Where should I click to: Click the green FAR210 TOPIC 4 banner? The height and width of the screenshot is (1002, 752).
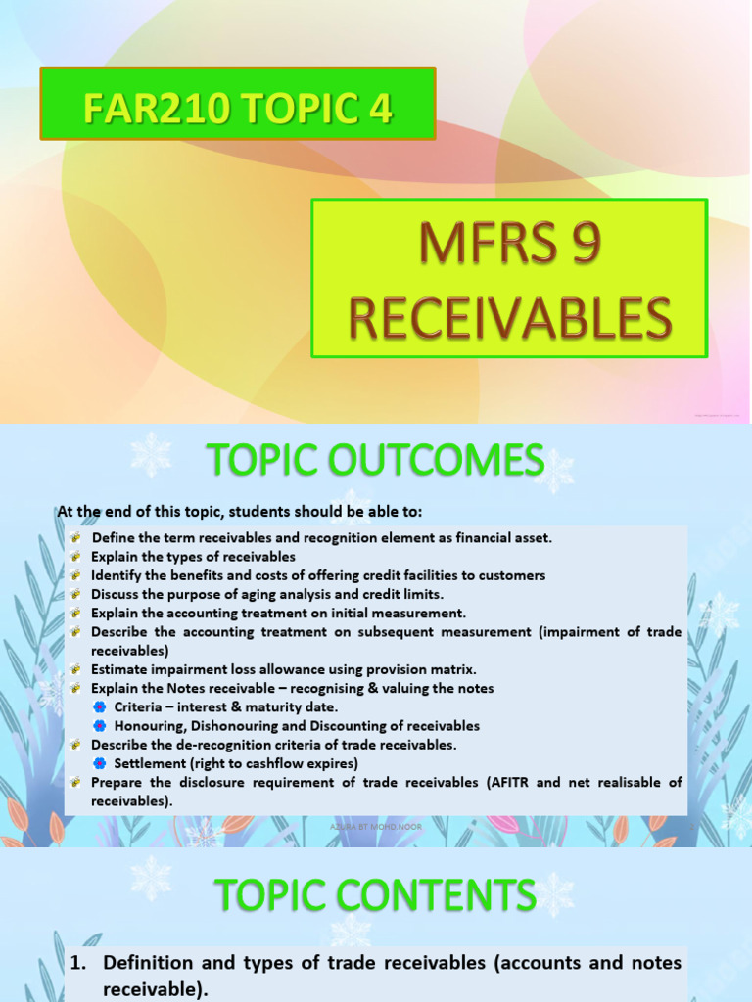(x=238, y=104)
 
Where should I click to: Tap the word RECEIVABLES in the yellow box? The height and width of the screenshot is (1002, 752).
(x=510, y=320)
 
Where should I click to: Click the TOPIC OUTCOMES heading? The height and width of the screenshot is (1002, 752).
(x=374, y=460)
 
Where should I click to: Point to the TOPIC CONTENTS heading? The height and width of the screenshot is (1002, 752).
(x=375, y=894)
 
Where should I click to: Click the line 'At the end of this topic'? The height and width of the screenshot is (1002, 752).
(x=240, y=512)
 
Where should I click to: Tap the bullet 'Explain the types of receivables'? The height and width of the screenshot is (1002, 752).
(x=193, y=557)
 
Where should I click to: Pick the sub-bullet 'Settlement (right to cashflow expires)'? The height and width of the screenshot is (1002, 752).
(x=236, y=763)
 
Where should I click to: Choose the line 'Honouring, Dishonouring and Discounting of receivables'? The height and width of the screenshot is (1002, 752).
(x=297, y=726)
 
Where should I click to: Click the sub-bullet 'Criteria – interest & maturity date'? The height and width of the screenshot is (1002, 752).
(x=226, y=706)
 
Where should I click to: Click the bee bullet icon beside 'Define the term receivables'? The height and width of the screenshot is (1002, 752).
(x=75, y=538)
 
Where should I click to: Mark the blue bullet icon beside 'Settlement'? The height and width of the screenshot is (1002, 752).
(x=99, y=763)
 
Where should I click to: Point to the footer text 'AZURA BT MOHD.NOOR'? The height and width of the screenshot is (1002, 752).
(x=375, y=828)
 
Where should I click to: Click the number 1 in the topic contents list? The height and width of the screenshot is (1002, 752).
(x=77, y=963)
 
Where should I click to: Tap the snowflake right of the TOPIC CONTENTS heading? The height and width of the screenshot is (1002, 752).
(x=554, y=892)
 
